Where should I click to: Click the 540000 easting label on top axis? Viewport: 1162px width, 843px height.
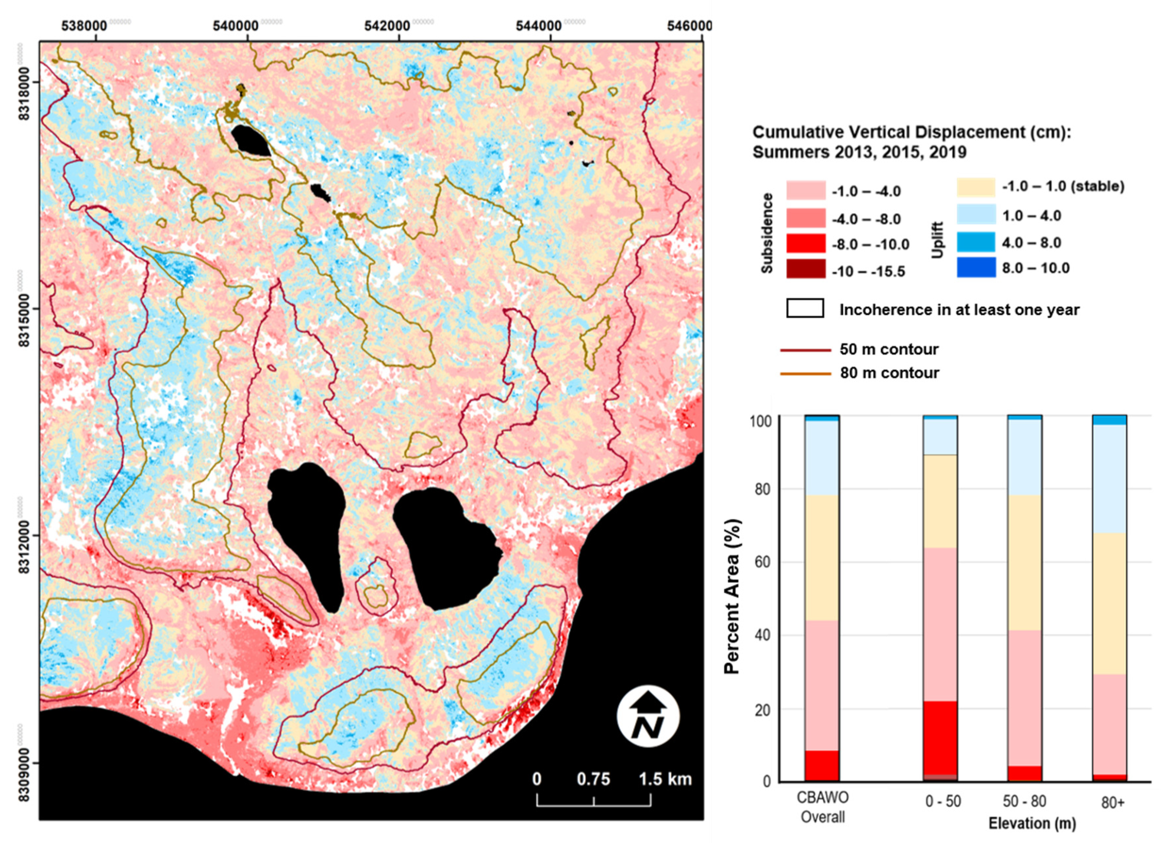236,26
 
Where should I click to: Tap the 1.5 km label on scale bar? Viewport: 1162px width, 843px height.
665,779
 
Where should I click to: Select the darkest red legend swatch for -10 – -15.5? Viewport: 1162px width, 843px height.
806,269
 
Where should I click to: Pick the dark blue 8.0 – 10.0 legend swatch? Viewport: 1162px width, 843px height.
975,267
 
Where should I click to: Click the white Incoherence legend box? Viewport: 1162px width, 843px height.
805,309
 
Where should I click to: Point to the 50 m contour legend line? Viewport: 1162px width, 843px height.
805,350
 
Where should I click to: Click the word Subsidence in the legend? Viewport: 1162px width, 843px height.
767,233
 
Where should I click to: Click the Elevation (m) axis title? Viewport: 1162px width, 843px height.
1032,824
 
